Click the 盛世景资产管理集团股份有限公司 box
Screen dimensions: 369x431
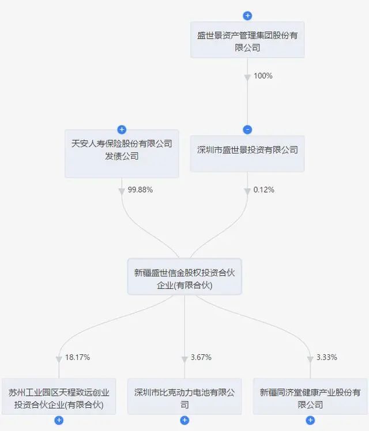[x=247, y=40]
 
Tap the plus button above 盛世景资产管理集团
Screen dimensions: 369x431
[x=247, y=16]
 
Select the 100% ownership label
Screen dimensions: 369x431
[x=263, y=76]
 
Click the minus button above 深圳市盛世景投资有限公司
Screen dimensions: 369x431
[x=247, y=130]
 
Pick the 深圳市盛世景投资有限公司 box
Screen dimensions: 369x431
[x=247, y=153]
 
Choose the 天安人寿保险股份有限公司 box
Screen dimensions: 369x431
[x=122, y=153]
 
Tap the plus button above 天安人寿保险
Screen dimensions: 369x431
[x=122, y=129]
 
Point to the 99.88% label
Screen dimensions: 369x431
[x=140, y=190]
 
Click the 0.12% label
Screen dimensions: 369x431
[x=263, y=190]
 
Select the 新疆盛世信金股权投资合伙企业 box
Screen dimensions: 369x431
[x=184, y=276]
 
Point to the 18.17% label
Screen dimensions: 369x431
[x=77, y=357]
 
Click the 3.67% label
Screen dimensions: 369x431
[x=201, y=357]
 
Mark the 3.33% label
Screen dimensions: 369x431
[x=327, y=357]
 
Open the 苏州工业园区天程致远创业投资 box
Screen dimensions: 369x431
[x=59, y=396]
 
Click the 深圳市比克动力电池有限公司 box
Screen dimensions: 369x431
[x=184, y=396]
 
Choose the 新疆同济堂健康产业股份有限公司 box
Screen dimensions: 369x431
[x=310, y=396]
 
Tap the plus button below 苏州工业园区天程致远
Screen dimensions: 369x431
[x=59, y=420]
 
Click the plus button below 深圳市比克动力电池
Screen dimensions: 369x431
[x=184, y=420]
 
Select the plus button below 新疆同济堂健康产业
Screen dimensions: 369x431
[x=310, y=420]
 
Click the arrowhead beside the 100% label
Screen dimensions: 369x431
[x=247, y=78]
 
